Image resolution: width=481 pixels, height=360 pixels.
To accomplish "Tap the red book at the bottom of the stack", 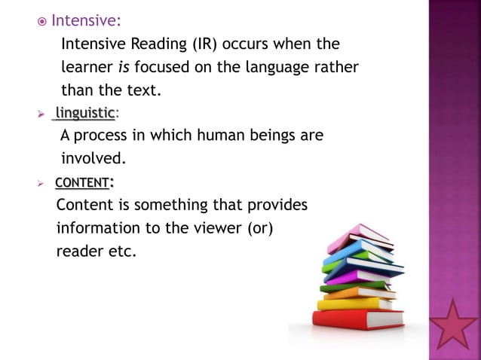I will click(x=348, y=319).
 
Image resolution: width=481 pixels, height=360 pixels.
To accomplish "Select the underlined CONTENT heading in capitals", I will click(x=83, y=182).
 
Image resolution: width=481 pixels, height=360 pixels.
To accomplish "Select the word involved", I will click(x=92, y=160).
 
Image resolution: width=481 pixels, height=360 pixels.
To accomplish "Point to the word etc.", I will click(x=121, y=251).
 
